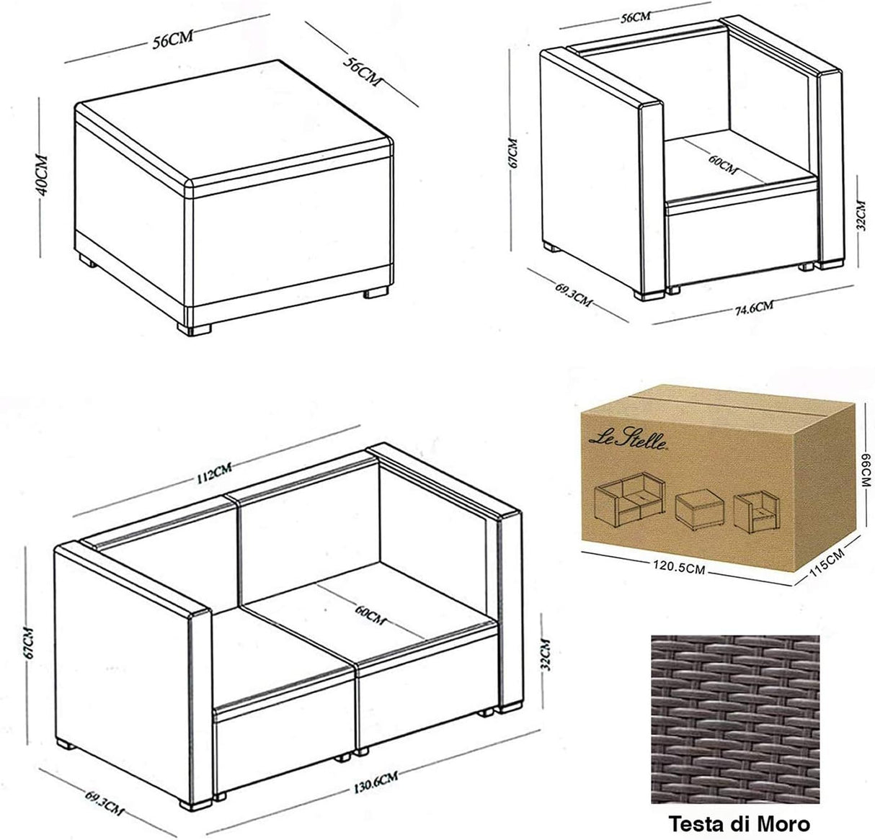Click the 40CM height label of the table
42,176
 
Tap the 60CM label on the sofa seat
370,615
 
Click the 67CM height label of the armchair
512,152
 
